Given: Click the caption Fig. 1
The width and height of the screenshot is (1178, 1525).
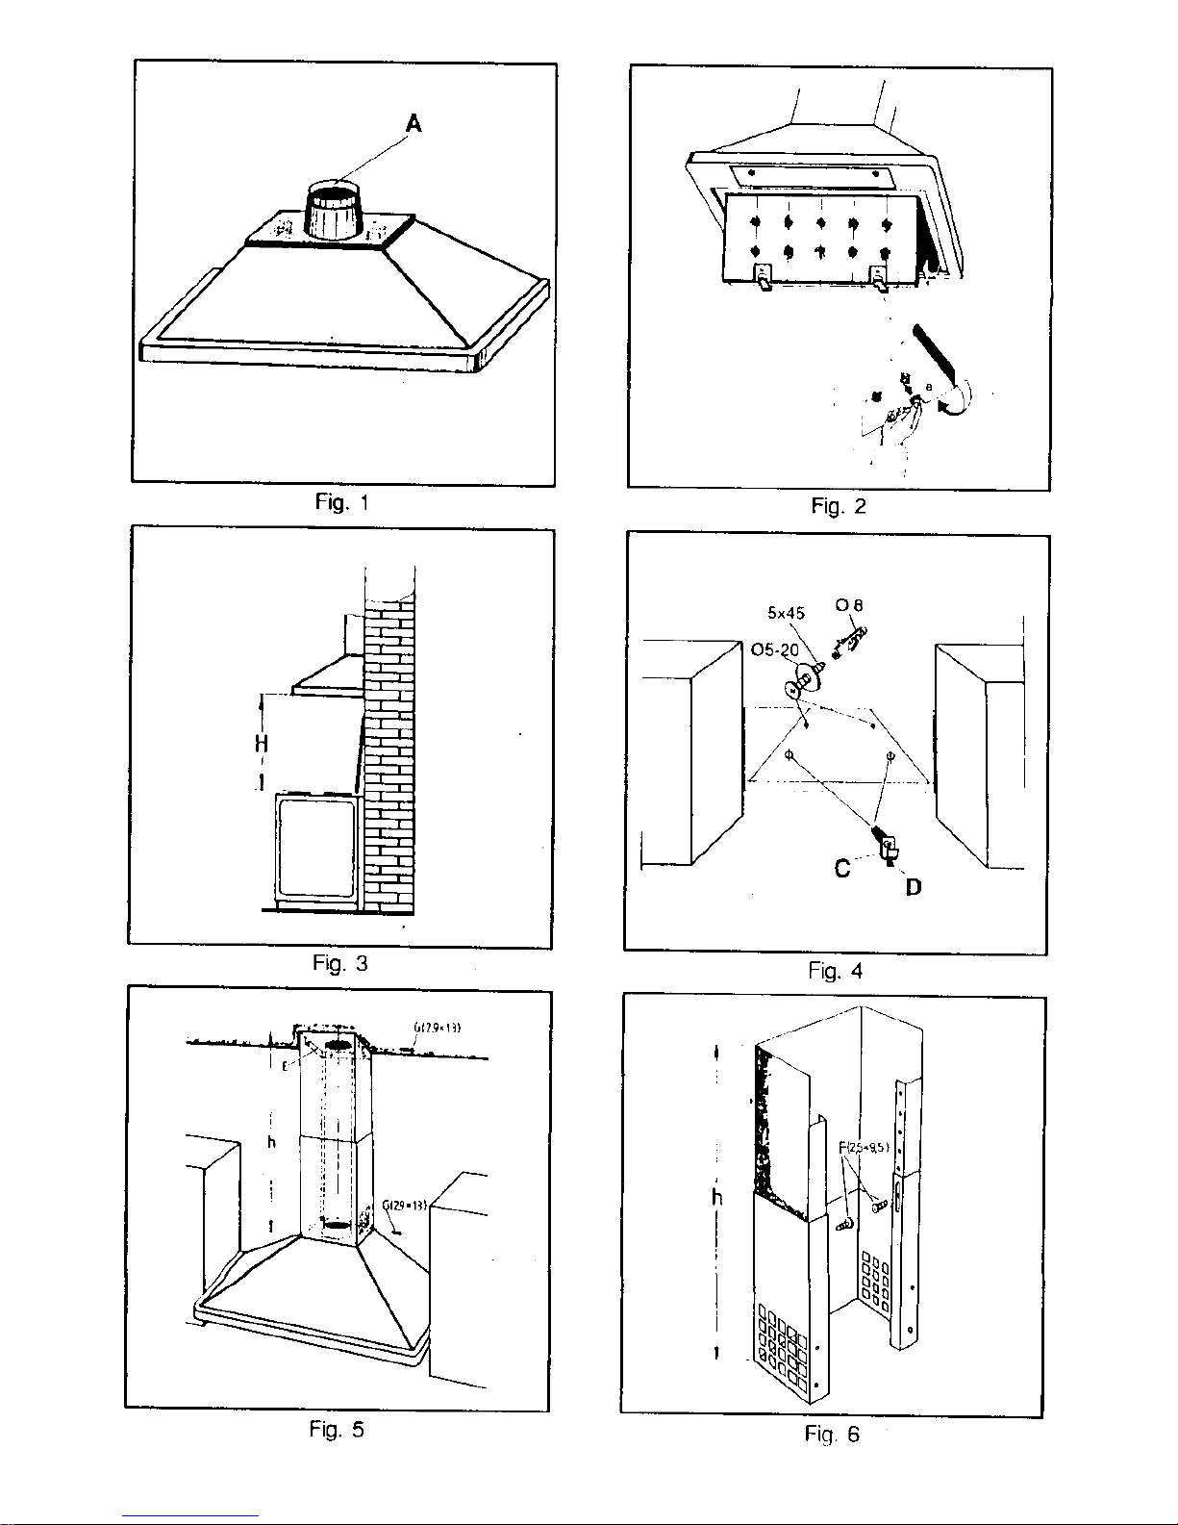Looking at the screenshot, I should coord(341,502).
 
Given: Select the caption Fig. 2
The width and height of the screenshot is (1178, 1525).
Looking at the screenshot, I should coord(838,506).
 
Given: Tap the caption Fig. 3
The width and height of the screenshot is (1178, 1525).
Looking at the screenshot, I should coord(339,963).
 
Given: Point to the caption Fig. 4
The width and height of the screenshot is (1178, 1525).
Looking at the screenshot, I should coord(836,971).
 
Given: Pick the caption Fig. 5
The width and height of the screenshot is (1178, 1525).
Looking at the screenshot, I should coord(337,1430).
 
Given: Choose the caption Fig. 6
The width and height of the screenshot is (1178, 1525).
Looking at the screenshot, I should coord(833,1435).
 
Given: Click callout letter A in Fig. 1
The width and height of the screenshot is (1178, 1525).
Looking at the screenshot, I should coord(414,123).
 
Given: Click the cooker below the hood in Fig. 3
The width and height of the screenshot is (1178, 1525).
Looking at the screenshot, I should coord(315,849).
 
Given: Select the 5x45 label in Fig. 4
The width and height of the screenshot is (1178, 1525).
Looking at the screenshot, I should coord(786,612).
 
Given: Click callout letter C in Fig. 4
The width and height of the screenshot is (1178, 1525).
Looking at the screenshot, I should coord(842,869).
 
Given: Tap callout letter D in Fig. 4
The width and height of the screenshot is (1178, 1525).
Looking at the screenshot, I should coord(913,887).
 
